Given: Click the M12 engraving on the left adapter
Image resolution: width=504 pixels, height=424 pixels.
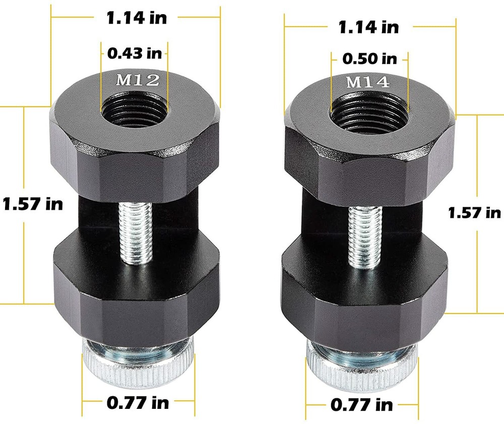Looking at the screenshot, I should [135, 79].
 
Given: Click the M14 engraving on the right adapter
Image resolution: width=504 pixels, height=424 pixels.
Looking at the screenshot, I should [368, 82].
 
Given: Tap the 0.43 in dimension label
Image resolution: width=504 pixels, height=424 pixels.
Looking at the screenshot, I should [135, 51].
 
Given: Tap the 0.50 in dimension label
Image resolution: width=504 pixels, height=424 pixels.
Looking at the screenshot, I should [369, 58].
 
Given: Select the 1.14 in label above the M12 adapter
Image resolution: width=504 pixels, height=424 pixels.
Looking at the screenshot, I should [136, 18].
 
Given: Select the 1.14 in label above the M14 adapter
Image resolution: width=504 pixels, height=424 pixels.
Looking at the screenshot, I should [368, 26].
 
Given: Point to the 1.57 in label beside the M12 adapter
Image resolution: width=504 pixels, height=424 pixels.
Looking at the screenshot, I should [33, 204].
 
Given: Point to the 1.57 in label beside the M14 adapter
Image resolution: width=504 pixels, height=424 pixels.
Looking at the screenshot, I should [474, 213].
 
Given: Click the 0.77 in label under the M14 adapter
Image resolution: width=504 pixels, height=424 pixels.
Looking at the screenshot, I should [361, 404].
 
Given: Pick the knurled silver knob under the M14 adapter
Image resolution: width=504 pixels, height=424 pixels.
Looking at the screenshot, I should [362, 368].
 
